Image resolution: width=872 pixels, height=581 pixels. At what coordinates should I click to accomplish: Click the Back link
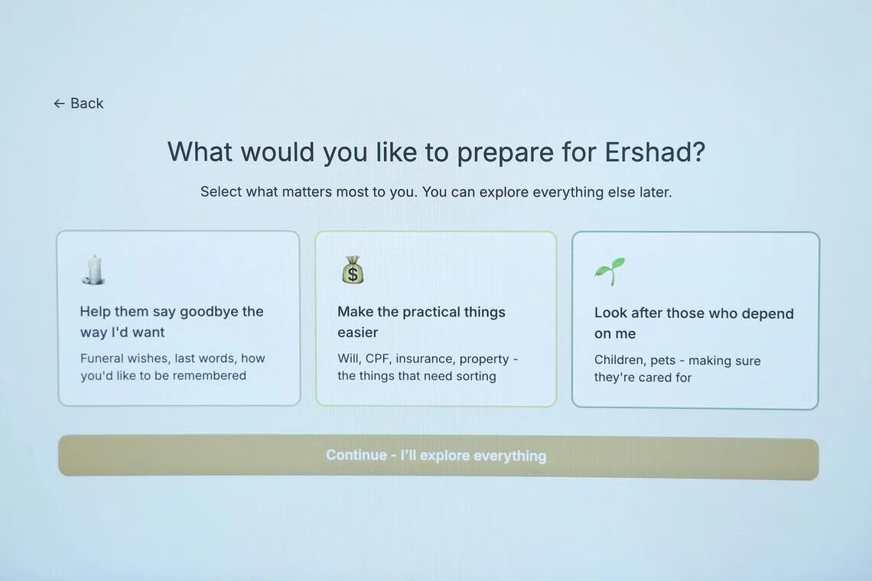[x=79, y=103]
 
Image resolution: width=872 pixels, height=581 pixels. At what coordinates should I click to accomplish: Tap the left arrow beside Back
[x=59, y=103]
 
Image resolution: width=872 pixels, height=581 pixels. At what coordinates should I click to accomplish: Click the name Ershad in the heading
[x=655, y=152]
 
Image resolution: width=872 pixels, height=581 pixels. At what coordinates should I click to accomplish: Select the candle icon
[x=93, y=270]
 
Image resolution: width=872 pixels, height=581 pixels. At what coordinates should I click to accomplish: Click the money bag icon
[x=353, y=270]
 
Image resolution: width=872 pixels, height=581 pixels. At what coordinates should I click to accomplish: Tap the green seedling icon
[x=610, y=271]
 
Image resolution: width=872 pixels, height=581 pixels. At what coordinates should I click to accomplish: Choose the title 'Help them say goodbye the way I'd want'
[x=171, y=321]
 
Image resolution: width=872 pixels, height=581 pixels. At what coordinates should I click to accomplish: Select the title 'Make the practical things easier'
[x=421, y=322]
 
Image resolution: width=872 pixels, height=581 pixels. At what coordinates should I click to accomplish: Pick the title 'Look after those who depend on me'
[x=694, y=323]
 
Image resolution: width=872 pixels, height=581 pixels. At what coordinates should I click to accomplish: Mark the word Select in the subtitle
[x=221, y=192]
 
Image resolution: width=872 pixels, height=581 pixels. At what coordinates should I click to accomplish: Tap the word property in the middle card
[x=484, y=359]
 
